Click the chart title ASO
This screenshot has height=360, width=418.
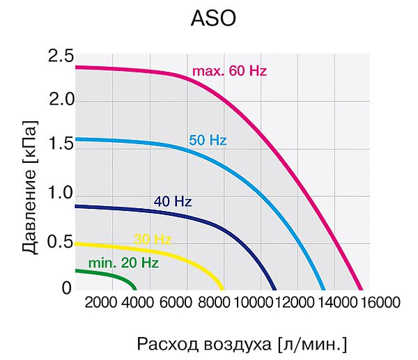[213, 18]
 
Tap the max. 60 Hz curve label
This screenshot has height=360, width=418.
[229, 71]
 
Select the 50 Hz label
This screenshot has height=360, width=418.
[208, 140]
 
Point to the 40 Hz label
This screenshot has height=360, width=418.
[173, 201]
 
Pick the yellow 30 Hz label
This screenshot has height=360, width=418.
[153, 240]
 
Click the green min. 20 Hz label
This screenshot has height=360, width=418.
[123, 263]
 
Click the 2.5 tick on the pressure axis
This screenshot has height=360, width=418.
[61, 56]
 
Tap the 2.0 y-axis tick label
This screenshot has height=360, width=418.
[61, 100]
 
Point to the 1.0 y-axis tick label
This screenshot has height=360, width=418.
[61, 193]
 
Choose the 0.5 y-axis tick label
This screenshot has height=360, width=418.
[60, 242]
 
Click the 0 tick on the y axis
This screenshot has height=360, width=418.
[67, 288]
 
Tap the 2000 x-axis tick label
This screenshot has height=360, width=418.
[100, 302]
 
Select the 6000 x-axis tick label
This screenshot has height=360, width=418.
[176, 302]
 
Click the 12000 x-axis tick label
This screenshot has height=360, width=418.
[294, 302]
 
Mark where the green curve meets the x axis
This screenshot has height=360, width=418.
[135, 290]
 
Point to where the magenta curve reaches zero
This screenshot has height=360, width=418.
[361, 290]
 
